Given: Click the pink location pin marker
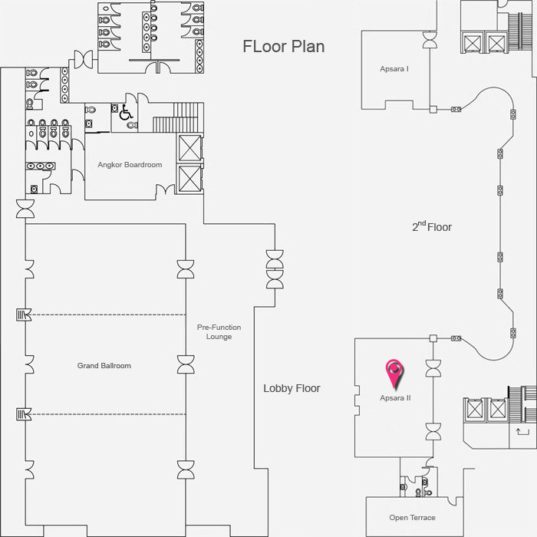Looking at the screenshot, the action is [x=394, y=374].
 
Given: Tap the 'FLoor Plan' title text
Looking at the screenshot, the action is [x=284, y=47].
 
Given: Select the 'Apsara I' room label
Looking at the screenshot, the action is [x=394, y=69].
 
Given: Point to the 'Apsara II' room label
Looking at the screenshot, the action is [x=395, y=398].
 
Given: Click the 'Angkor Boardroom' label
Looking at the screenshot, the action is [x=130, y=165].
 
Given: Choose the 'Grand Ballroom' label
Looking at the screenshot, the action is [x=104, y=366].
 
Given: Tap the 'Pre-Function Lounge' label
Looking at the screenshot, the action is [x=219, y=332].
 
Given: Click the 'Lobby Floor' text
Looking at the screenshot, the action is [x=292, y=388].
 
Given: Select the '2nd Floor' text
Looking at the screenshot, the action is [x=432, y=226].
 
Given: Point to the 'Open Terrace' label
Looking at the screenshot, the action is [x=413, y=518].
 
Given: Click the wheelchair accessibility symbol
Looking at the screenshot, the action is [x=126, y=113].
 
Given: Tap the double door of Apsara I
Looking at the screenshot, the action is [x=430, y=40].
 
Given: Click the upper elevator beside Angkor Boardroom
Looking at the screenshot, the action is [x=189, y=148].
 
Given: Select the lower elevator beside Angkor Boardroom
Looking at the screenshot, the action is [x=189, y=179].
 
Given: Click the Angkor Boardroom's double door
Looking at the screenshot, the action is [x=165, y=189].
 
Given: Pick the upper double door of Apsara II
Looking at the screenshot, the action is [x=433, y=368].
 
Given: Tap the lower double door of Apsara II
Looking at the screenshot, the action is [x=433, y=431].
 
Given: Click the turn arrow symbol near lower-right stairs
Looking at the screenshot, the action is [x=522, y=431].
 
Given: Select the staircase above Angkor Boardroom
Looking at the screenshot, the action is [x=178, y=117].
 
